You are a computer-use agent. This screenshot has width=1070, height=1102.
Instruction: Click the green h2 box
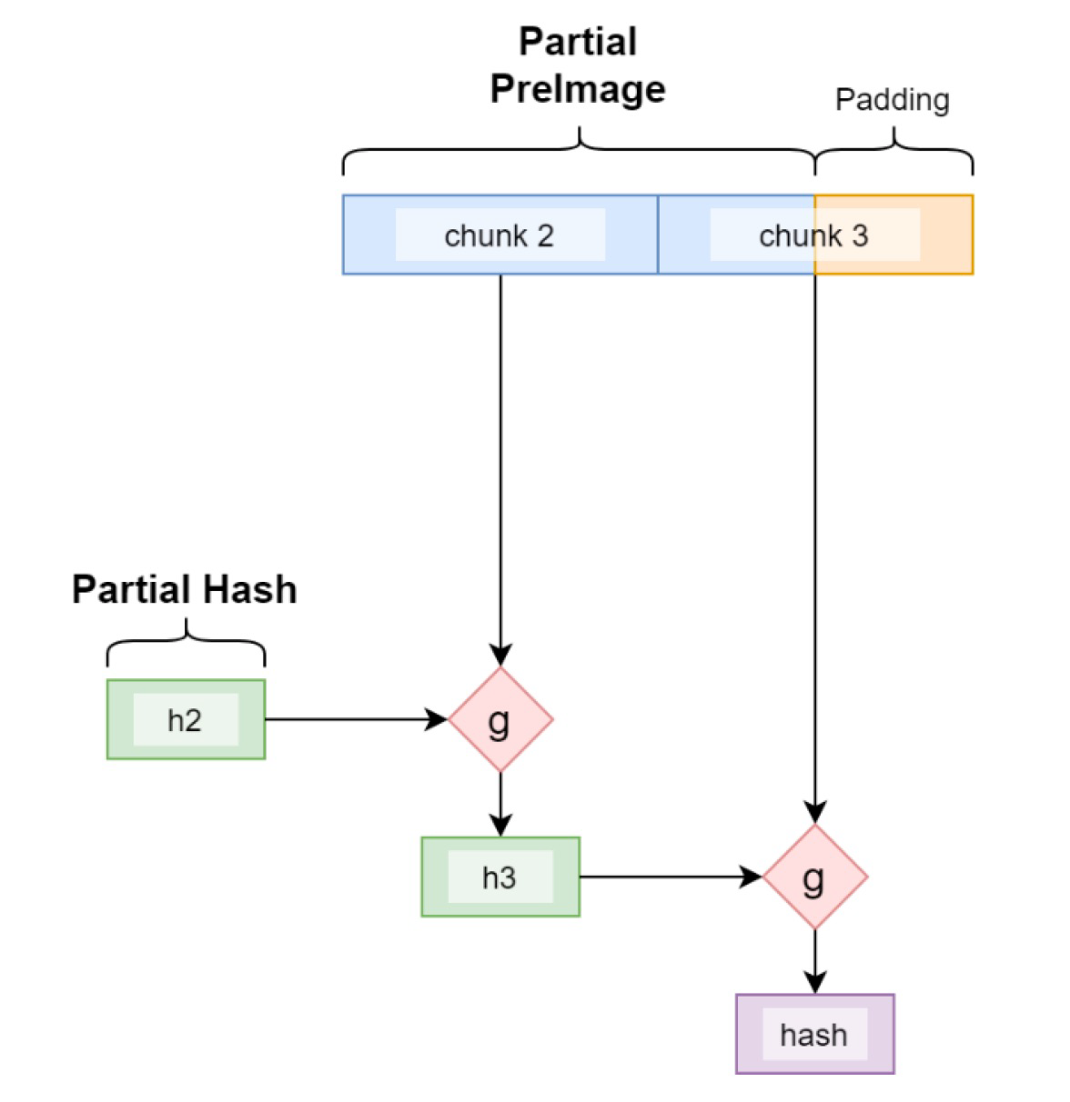pyautogui.click(x=186, y=719)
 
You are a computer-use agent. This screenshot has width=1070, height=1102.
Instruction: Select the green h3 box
pyautogui.click(x=500, y=877)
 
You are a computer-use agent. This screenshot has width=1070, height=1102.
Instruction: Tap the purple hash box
pyautogui.click(x=814, y=1034)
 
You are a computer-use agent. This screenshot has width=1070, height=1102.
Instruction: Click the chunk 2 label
pyautogui.click(x=499, y=235)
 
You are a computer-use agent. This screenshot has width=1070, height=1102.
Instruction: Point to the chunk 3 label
pyautogui.click(x=813, y=235)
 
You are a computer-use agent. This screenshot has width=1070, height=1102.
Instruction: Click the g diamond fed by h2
pyautogui.click(x=500, y=720)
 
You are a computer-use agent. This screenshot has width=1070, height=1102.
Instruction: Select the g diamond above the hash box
pyautogui.click(x=814, y=877)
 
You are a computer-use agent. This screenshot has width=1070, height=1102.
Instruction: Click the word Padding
pyautogui.click(x=892, y=99)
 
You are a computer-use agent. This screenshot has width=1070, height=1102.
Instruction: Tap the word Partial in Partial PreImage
pyautogui.click(x=578, y=42)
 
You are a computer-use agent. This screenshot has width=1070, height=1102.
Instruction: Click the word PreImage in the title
pyautogui.click(x=578, y=88)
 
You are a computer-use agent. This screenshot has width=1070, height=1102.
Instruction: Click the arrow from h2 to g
pyautogui.click(x=355, y=719)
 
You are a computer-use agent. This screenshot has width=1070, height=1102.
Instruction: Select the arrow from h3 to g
pyautogui.click(x=670, y=877)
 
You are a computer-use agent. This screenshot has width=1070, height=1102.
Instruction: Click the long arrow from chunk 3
pyautogui.click(x=814, y=546)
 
